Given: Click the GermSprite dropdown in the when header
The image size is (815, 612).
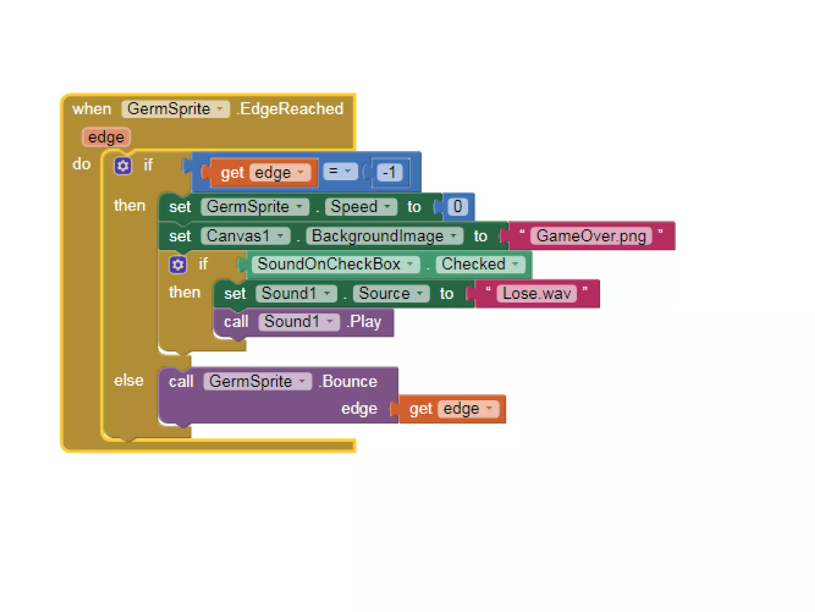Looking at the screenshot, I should [x=175, y=109].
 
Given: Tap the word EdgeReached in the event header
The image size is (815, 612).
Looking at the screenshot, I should [x=292, y=109].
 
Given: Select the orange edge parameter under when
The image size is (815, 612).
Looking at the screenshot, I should [x=106, y=137].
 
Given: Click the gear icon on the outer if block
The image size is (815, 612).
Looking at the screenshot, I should [x=123, y=165].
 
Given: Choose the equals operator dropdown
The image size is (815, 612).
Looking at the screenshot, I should [x=340, y=171].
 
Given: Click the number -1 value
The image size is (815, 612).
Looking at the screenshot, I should [x=389, y=173].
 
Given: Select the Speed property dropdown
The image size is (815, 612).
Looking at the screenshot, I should [x=361, y=207].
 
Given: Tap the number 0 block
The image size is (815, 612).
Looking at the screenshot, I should [x=458, y=206].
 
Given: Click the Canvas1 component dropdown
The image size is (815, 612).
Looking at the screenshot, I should [x=245, y=236].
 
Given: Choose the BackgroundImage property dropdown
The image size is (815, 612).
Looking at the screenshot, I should [x=384, y=236].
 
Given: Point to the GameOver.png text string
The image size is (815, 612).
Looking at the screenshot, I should [x=591, y=236].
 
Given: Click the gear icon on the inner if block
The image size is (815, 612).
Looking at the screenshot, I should [x=177, y=265].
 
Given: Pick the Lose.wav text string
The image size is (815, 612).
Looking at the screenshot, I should [x=536, y=294].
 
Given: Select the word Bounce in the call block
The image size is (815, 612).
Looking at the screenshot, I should [x=350, y=381].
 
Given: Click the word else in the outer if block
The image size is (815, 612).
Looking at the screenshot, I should [x=129, y=381].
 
